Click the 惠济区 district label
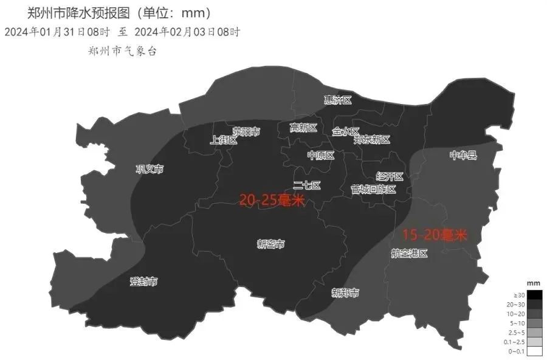pos(337,100)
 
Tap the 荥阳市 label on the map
pos(246,131)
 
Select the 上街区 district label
pos(223,140)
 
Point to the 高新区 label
pos(303,128)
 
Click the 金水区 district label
pos(346,131)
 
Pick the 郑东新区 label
pos(371,140)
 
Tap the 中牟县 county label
pos(463,156)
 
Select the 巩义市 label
pos(150,169)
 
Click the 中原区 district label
pos(320,156)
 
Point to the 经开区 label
pos(390,177)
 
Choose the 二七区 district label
pos(306,185)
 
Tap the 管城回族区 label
pos(373,190)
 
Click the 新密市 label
pos(271,244)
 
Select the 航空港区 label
pos(409,254)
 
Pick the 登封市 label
pos(143,282)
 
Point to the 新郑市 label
pos(345,293)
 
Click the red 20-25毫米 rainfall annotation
pos(271,200)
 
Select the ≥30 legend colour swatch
pos(534,295)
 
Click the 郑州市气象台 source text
pos(123,52)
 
